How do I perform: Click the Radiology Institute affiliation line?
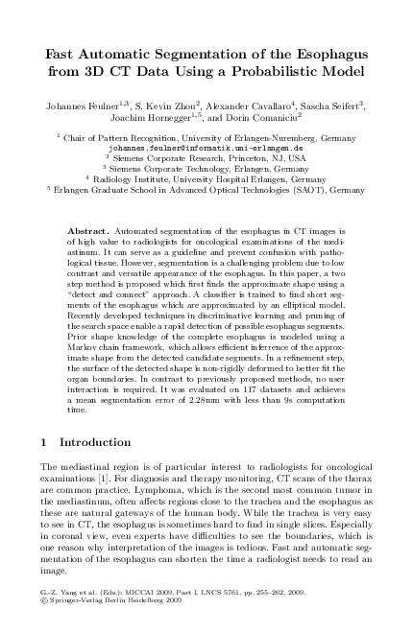point(206,179)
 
